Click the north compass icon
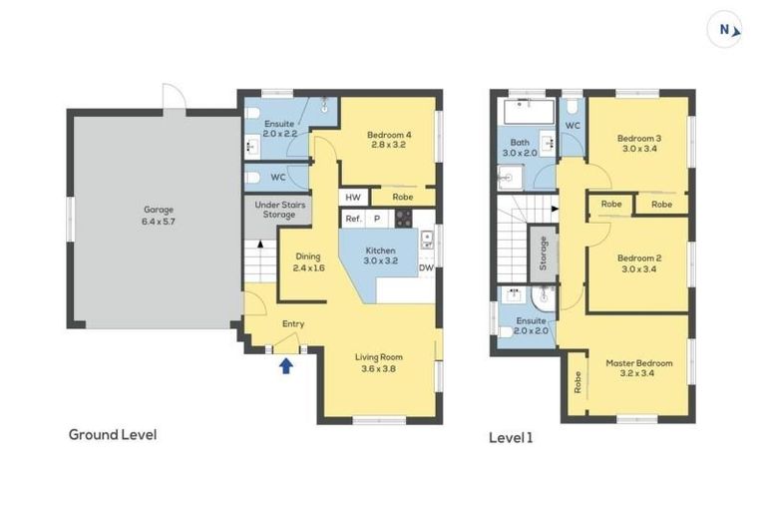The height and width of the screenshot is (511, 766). point(724,30)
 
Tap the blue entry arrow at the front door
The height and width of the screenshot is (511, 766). point(286,365)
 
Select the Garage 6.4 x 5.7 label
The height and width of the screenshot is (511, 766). point(159,216)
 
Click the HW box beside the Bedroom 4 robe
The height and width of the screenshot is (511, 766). point(353,197)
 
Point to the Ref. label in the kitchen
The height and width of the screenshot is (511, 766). point(353,219)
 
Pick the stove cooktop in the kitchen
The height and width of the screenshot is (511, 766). point(404,219)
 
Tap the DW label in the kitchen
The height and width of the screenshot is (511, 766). point(426,267)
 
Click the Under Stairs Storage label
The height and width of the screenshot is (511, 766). point(279,210)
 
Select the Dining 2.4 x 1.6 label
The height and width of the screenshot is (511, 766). point(308,262)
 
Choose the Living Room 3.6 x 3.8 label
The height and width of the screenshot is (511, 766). point(379,363)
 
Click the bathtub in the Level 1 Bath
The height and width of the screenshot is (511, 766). point(529,112)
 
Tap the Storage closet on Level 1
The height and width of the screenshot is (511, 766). point(543,254)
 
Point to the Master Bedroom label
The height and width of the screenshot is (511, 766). point(639,363)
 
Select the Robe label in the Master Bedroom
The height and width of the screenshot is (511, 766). point(577,382)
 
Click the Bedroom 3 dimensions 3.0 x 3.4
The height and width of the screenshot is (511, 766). point(639,149)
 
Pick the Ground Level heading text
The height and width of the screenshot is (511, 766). point(113,435)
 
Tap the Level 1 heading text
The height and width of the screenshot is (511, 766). point(511,438)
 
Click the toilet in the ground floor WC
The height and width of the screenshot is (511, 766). point(252,177)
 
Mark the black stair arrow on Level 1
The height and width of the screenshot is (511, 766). point(555,209)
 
